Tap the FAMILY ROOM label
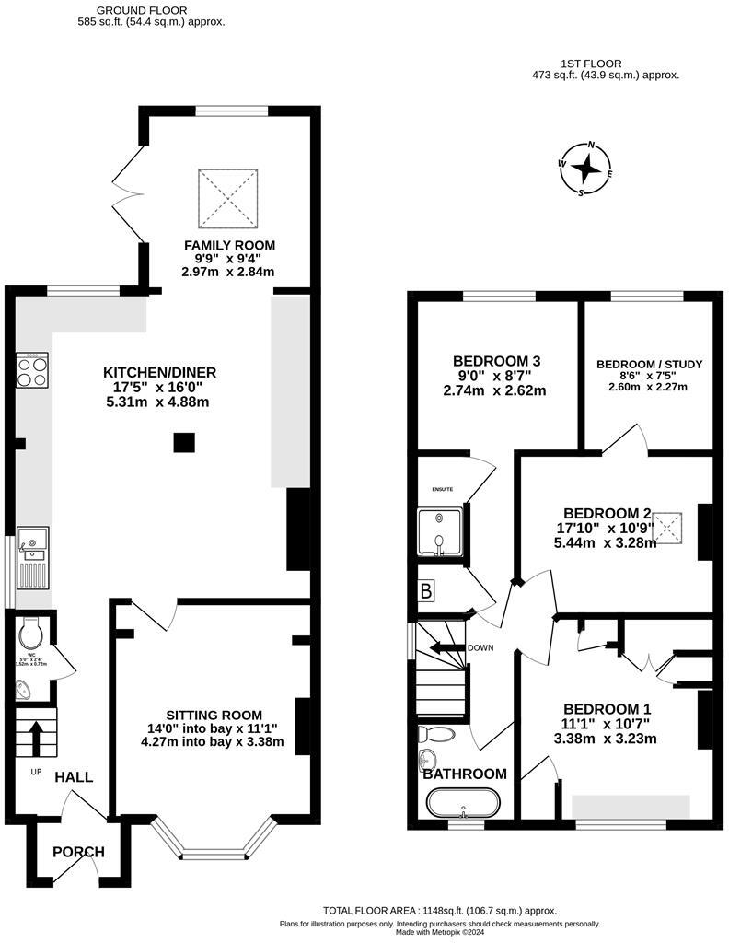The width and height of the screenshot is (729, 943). click(x=229, y=245)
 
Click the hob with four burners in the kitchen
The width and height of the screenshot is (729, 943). click(x=32, y=371)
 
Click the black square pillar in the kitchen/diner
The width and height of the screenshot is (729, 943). click(x=184, y=444)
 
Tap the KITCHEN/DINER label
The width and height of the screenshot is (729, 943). click(x=159, y=372)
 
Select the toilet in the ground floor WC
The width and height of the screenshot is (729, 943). click(x=30, y=634)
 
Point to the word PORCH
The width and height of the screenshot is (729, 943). click(x=78, y=852)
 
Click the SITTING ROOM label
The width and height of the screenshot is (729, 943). click(x=214, y=715)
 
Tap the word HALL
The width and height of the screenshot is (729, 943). click(x=74, y=777)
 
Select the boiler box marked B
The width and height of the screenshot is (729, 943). click(x=426, y=591)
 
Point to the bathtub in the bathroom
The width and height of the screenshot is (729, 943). click(x=465, y=802)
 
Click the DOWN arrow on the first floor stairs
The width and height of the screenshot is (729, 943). click(x=447, y=648)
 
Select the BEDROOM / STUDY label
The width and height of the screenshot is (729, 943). click(x=649, y=365)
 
